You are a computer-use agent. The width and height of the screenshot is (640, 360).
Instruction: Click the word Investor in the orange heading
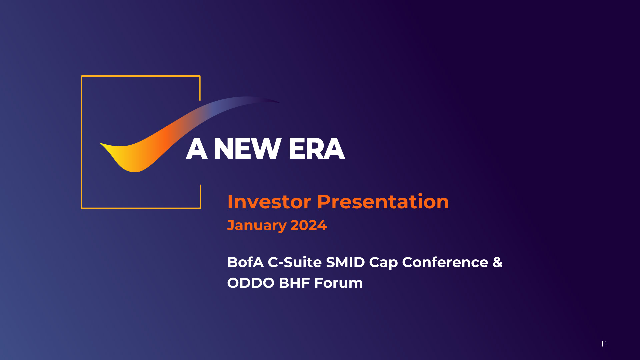point(269,202)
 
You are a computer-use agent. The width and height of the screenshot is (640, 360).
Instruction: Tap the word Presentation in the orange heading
point(383,202)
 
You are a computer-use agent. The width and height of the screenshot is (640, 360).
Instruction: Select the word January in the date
point(257,226)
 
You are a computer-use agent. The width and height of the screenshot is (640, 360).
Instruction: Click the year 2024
point(308,225)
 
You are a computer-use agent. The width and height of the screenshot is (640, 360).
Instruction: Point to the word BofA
point(245,262)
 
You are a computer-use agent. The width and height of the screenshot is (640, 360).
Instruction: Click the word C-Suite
point(295,262)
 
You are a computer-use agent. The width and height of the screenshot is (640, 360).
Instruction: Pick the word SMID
point(345,262)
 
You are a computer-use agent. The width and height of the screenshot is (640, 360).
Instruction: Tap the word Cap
point(383,263)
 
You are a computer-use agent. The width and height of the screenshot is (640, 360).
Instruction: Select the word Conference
point(445,262)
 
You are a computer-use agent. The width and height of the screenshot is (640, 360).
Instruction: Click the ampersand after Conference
point(497,262)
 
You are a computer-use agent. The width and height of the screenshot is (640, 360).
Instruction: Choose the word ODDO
point(251,283)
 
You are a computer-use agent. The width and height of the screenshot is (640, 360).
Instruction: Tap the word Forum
point(338,283)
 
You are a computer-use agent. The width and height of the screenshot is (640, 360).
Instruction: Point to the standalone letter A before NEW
point(197,149)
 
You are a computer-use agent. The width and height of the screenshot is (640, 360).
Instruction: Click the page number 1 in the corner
point(605,344)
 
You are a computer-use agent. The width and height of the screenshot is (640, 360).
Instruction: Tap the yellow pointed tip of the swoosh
point(100,143)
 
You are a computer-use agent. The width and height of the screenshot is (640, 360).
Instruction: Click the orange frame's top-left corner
point(82,76)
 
